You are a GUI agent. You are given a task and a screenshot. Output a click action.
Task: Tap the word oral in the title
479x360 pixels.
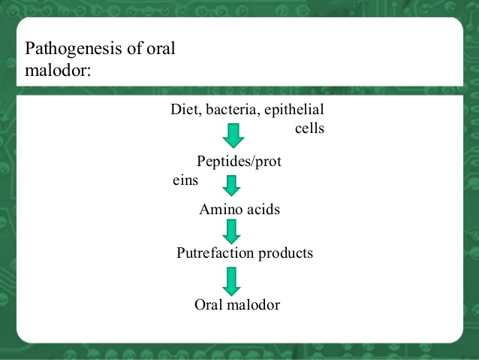coord(159,50)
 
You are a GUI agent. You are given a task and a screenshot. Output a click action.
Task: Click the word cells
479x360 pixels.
coord(309,129)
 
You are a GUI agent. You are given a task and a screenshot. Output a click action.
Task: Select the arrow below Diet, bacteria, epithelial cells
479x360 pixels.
coord(233,136)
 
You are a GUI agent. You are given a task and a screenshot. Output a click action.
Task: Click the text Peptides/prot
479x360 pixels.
coord(239,162)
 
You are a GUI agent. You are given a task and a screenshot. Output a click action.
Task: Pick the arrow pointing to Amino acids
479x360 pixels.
coord(232,185)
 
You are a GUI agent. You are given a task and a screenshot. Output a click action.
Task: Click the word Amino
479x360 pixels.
coord(218,210)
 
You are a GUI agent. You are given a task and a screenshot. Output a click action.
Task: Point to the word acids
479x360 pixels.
coord(262,210)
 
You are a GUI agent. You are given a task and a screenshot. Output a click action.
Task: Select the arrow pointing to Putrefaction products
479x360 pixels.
coord(232,231)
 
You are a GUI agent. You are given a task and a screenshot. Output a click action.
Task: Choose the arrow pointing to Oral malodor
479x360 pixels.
coord(232,280)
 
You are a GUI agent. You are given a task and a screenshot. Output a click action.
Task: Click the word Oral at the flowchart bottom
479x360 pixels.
coord(209,305)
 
